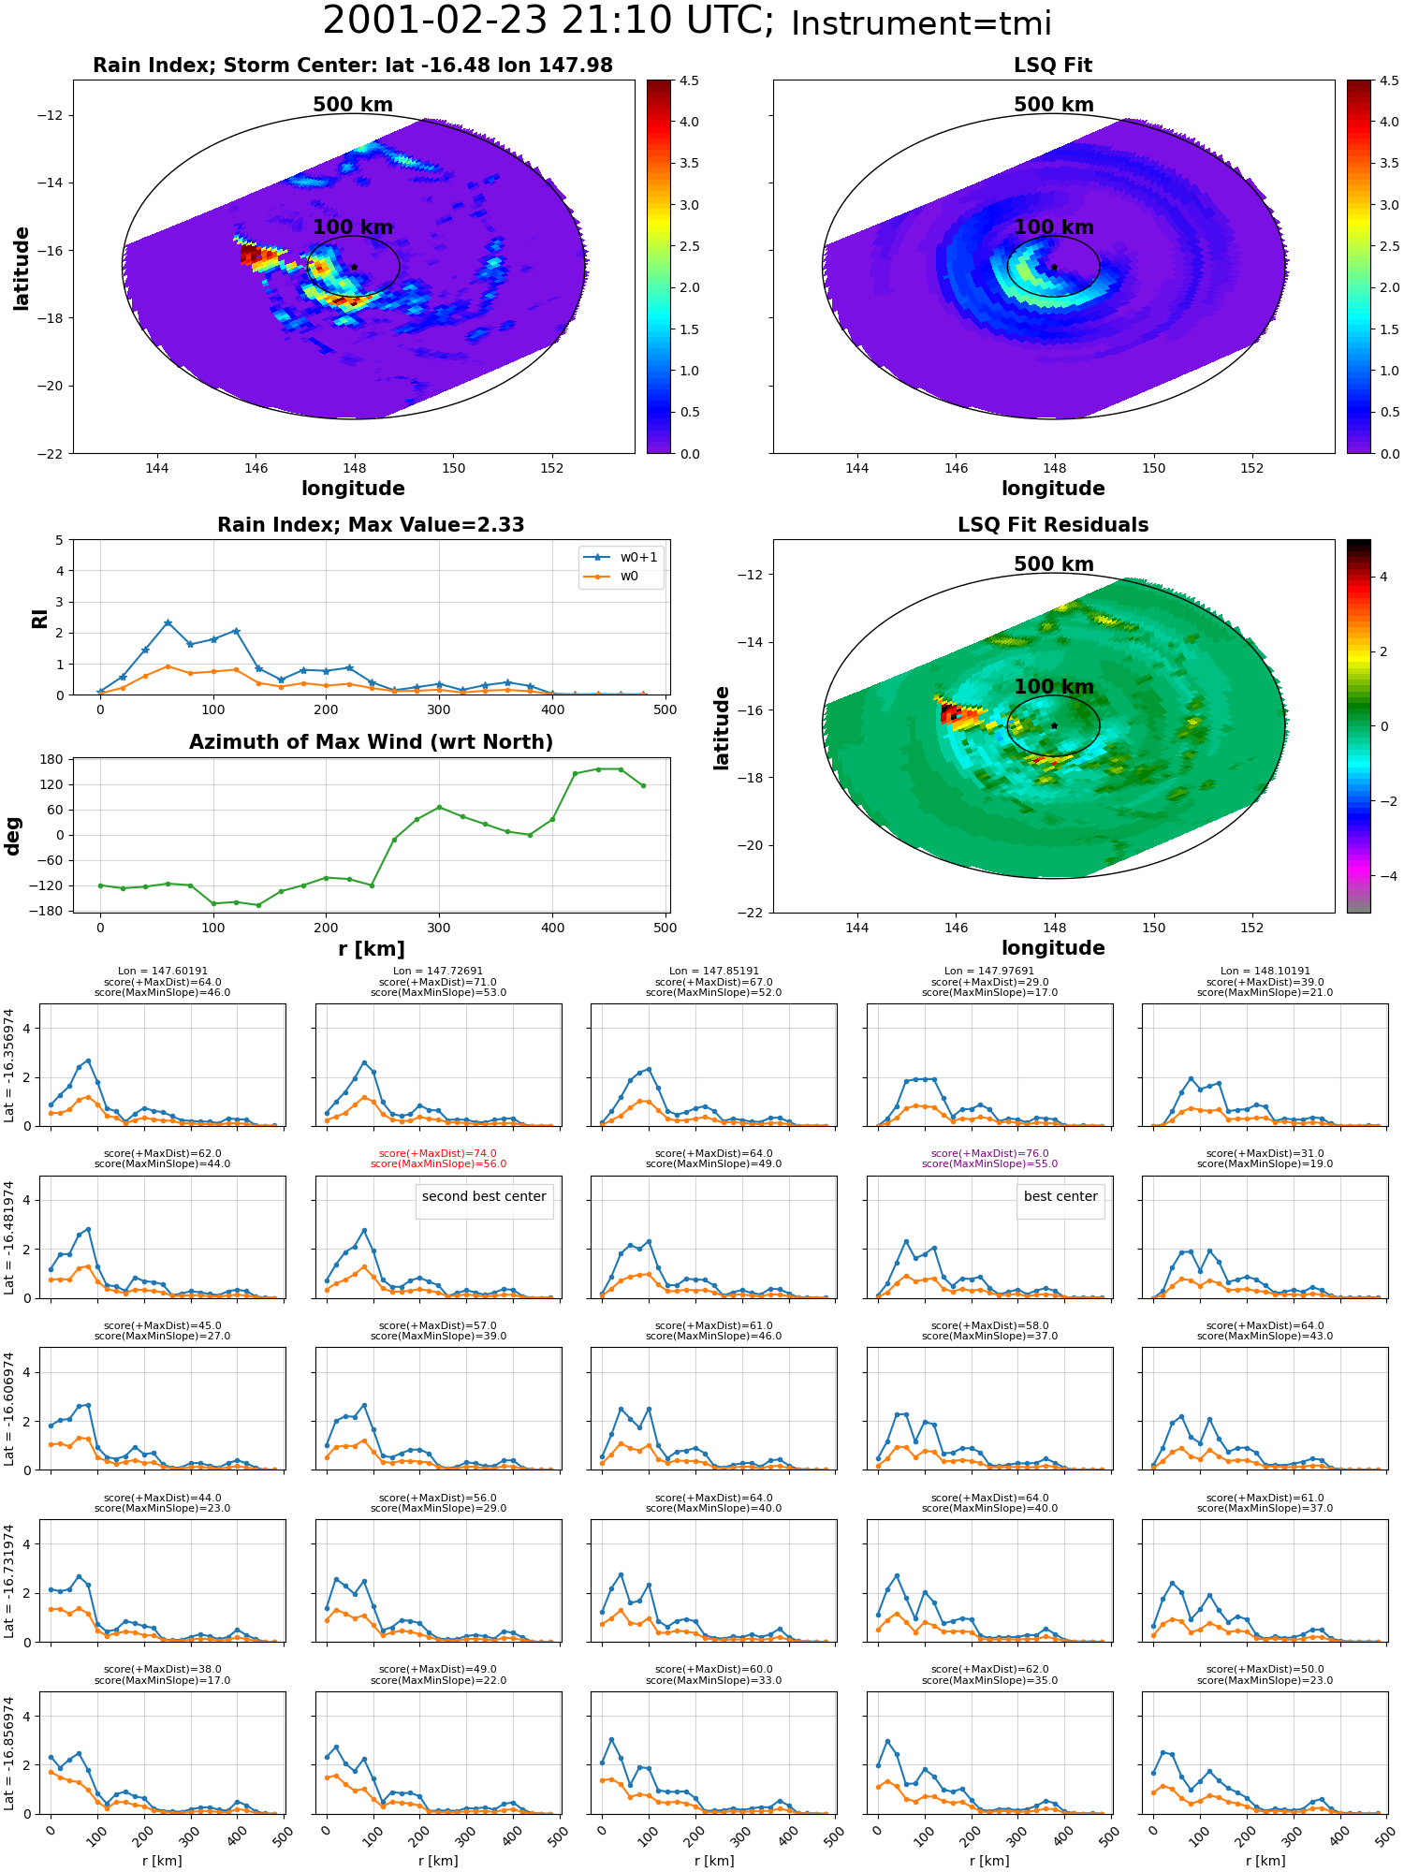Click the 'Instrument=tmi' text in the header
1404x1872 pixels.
click(x=921, y=23)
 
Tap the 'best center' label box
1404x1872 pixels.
click(x=1060, y=1196)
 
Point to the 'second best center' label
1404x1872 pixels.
click(x=484, y=1196)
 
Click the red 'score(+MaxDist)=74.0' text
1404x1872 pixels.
click(x=438, y=1153)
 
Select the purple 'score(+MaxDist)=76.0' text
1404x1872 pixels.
click(x=989, y=1153)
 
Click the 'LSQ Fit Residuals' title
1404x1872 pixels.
click(x=1053, y=525)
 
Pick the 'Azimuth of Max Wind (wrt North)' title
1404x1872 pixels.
click(x=371, y=742)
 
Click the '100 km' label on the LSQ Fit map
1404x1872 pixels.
click(x=1054, y=227)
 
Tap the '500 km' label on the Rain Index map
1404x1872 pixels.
click(x=353, y=105)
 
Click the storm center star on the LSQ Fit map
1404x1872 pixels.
click(x=1054, y=267)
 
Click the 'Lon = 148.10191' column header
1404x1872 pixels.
click(x=1265, y=971)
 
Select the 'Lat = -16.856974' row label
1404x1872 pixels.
click(x=9, y=1753)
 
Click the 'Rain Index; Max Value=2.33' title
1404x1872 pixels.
click(x=371, y=525)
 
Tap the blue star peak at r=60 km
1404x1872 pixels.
click(x=168, y=622)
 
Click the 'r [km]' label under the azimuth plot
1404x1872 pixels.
click(x=371, y=949)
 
